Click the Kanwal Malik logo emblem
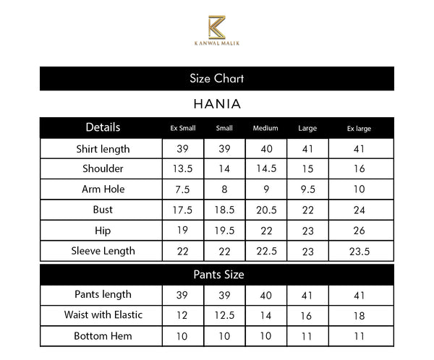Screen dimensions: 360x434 (x=216, y=27)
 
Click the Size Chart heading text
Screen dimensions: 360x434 (x=216, y=78)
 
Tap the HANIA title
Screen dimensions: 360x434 (x=216, y=104)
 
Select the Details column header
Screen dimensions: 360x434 (x=103, y=128)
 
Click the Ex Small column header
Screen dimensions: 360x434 (x=183, y=129)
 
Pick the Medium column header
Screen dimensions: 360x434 (x=265, y=129)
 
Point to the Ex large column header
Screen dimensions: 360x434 (x=359, y=129)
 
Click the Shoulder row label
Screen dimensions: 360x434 (x=103, y=169)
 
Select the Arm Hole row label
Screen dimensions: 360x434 (x=103, y=189)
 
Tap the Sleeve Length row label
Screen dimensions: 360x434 (x=103, y=252)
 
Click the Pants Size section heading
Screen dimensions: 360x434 (x=216, y=275)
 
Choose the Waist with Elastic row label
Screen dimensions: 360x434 (x=103, y=315)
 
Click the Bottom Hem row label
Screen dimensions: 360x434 (x=103, y=336)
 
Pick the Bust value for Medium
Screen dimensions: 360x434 (x=266, y=210)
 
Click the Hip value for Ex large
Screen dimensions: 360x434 (x=359, y=231)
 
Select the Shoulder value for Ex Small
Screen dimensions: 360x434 (x=183, y=169)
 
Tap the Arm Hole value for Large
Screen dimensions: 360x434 (x=307, y=189)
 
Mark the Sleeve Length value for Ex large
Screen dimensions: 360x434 (x=359, y=252)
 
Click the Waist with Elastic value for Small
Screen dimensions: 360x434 (x=224, y=315)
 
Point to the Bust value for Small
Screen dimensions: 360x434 (x=224, y=210)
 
